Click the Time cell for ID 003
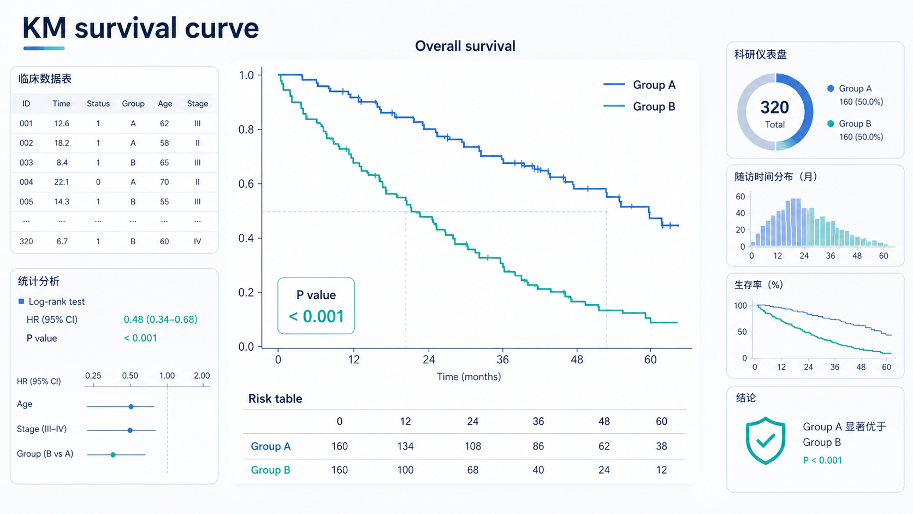(62, 163)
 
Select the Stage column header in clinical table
(198, 104)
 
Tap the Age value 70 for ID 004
(164, 182)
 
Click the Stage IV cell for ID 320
(198, 242)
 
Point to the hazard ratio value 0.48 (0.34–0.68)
(161, 320)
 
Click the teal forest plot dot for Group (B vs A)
(114, 454)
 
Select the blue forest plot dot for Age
(131, 406)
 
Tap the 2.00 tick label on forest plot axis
(201, 376)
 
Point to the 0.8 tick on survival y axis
(247, 129)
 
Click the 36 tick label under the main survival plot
(502, 359)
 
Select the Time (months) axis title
(469, 377)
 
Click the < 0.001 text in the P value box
(316, 317)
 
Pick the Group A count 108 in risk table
(473, 446)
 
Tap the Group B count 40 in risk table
(538, 470)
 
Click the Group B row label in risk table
(271, 470)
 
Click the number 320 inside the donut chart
(775, 108)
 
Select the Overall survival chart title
(465, 46)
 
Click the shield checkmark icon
(766, 441)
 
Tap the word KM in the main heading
(44, 28)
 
